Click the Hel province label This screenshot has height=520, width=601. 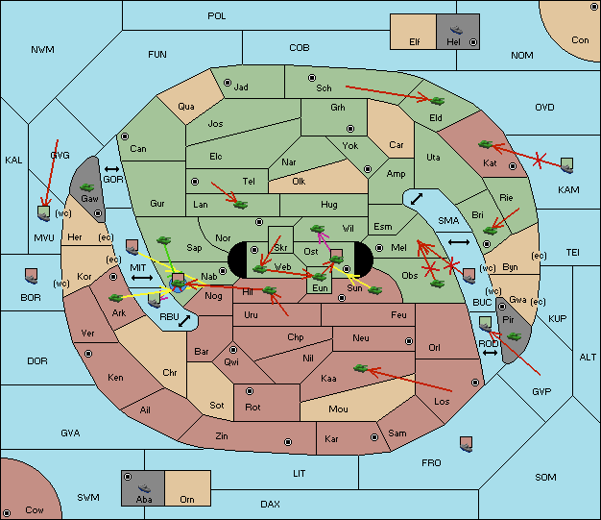click(x=453, y=41)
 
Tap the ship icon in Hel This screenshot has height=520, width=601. click(x=456, y=30)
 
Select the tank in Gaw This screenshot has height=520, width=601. click(x=87, y=187)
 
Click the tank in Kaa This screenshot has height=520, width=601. click(x=361, y=368)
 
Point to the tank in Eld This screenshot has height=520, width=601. click(x=437, y=101)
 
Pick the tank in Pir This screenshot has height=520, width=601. click(x=514, y=336)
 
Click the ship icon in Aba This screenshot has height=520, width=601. click(x=145, y=488)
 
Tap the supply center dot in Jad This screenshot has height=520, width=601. click(x=228, y=83)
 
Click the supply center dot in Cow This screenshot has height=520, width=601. click(x=7, y=512)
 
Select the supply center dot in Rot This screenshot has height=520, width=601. click(x=250, y=391)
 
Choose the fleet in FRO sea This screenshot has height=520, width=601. click(x=466, y=444)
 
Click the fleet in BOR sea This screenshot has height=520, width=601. click(x=31, y=276)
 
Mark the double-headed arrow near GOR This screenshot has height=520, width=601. click(x=111, y=169)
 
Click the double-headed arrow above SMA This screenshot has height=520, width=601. click(x=417, y=199)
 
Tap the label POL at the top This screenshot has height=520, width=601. click(x=217, y=16)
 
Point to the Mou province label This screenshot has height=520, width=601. click(x=339, y=409)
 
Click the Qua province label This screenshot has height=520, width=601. click(x=186, y=107)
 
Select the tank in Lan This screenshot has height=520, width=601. click(x=241, y=205)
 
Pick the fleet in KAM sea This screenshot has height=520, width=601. click(x=566, y=165)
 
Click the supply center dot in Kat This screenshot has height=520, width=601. click(x=513, y=166)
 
